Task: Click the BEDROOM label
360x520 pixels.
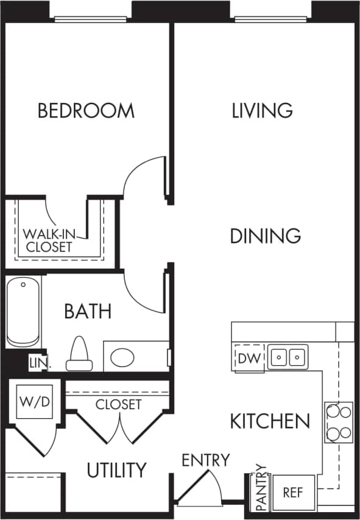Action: [x=86, y=111]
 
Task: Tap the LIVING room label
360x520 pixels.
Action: [x=263, y=111]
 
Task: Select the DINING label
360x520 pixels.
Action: [x=265, y=236]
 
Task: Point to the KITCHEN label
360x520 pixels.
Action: [x=270, y=421]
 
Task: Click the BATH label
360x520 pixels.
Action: [x=88, y=312]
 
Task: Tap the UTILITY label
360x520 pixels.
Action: [x=116, y=470]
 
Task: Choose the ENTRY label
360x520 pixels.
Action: [x=206, y=460]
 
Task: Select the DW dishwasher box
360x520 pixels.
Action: [x=249, y=357]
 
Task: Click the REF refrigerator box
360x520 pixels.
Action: [x=293, y=492]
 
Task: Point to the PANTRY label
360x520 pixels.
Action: [x=261, y=487]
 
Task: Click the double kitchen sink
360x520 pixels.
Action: [x=288, y=356]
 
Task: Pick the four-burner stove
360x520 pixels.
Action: [x=339, y=422]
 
